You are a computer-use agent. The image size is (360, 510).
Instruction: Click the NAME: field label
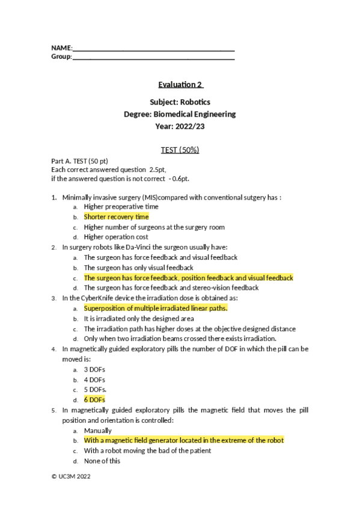62,47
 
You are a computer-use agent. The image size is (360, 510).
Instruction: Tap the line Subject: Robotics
180,102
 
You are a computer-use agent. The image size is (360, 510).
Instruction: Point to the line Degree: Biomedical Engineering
180,114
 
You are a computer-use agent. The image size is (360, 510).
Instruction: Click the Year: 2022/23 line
180,126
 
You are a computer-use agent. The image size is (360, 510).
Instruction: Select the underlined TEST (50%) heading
180,150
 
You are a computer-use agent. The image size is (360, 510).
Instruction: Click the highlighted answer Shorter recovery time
116,217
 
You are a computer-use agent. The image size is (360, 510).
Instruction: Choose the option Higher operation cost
116,237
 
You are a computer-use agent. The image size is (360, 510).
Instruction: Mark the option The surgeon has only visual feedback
138,268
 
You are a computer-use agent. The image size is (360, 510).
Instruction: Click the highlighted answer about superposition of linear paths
156,309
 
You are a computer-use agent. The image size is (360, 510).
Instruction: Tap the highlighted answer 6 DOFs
95,400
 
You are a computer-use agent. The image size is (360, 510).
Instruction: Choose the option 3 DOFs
94,369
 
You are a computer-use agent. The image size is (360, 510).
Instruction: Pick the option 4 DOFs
94,379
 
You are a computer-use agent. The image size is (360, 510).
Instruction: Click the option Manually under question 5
97,431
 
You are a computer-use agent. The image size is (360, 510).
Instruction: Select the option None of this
102,461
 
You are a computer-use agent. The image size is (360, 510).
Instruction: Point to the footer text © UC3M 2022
71,475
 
